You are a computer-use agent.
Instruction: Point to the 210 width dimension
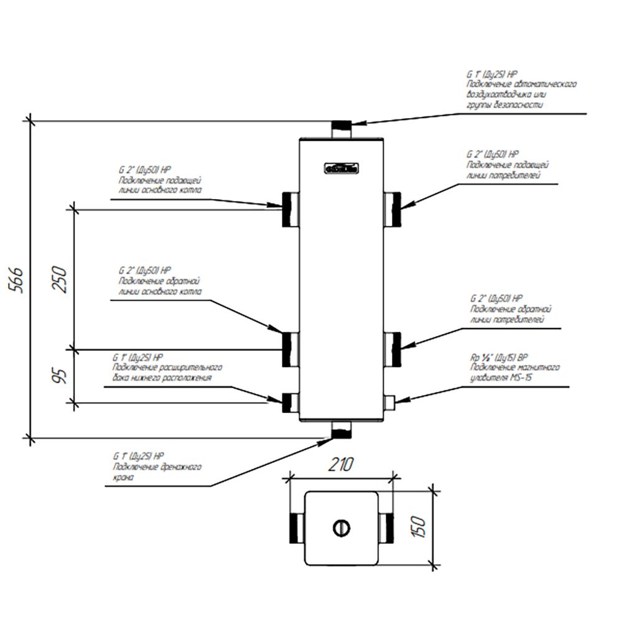341,464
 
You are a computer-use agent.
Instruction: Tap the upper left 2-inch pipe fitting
290,208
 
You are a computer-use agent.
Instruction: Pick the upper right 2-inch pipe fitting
392,208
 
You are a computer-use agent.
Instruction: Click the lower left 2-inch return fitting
290,349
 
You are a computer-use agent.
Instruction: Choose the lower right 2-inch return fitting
392,349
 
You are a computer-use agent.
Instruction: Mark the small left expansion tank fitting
290,402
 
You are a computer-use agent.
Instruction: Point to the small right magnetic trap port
391,402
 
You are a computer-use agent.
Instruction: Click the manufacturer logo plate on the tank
341,167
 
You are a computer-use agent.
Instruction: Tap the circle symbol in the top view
341,528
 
